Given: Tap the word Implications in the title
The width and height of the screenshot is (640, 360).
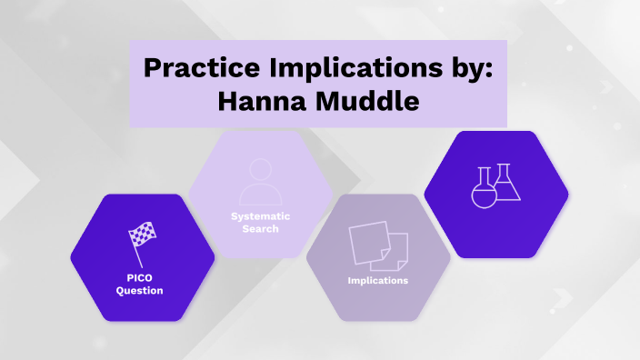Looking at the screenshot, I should click(x=351, y=70).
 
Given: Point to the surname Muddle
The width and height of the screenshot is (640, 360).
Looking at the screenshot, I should click(x=368, y=102).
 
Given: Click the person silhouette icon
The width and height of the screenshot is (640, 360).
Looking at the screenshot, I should click(x=261, y=181).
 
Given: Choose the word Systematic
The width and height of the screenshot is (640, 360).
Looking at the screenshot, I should click(x=261, y=215).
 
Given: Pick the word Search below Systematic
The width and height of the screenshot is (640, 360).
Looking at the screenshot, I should click(x=261, y=228).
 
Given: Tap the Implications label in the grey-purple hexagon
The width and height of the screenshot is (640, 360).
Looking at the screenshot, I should click(x=378, y=280).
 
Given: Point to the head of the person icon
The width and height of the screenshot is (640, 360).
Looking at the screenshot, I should click(x=261, y=170).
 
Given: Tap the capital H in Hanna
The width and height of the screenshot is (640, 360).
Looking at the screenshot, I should click(x=228, y=102).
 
